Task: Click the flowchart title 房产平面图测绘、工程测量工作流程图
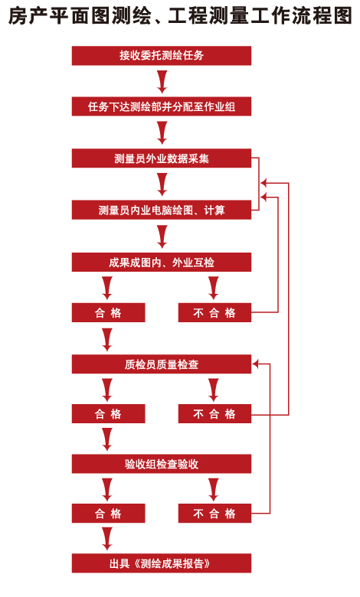[x=180, y=16]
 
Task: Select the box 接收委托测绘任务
[x=162, y=56]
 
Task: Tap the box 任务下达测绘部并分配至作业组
[x=162, y=106]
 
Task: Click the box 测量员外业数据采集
[x=162, y=158]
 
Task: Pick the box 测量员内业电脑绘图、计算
[x=162, y=210]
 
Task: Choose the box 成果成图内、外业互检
[x=162, y=263]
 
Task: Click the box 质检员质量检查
[x=162, y=364]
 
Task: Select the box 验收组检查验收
[x=162, y=464]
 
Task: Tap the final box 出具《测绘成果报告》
[x=162, y=563]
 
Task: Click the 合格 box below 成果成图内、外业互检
[x=109, y=312]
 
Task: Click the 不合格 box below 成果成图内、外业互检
[x=215, y=312]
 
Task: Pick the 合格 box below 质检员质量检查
[x=109, y=413]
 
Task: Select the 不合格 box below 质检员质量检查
[x=215, y=413]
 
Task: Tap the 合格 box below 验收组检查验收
[x=109, y=514]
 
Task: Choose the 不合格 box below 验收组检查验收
[x=215, y=514]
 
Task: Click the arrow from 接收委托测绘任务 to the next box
[x=162, y=81]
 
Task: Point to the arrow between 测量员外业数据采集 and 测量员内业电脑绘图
[x=162, y=184]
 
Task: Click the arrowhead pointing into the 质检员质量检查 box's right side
[x=255, y=364]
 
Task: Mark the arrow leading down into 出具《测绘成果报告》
[x=107, y=539]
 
